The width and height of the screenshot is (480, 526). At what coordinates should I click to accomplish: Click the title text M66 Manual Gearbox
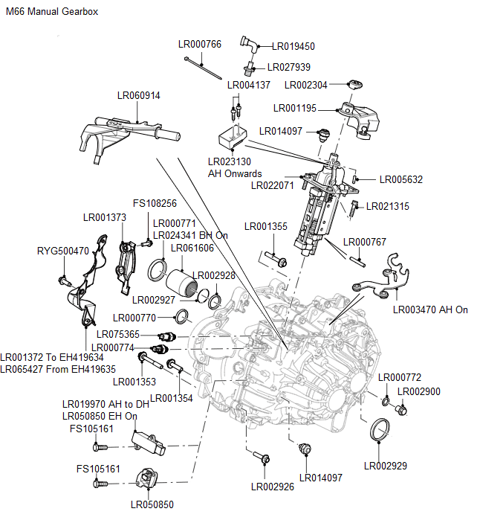(x=51, y=13)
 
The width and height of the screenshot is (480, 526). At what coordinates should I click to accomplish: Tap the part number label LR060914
(x=138, y=95)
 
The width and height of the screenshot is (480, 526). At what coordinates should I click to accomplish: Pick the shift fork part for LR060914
(x=126, y=132)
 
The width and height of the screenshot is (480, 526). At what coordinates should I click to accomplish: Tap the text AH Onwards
(x=235, y=173)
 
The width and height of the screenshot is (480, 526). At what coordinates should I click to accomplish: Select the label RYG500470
(x=63, y=251)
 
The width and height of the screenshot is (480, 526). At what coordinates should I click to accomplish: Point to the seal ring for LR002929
(x=380, y=431)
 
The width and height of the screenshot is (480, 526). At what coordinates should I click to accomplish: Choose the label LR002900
(x=419, y=391)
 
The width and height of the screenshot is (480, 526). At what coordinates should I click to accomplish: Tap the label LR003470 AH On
(x=431, y=309)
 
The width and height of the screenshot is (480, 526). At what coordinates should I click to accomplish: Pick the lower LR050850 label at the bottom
(x=152, y=504)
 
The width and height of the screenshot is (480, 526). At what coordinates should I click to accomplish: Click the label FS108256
(x=155, y=203)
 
